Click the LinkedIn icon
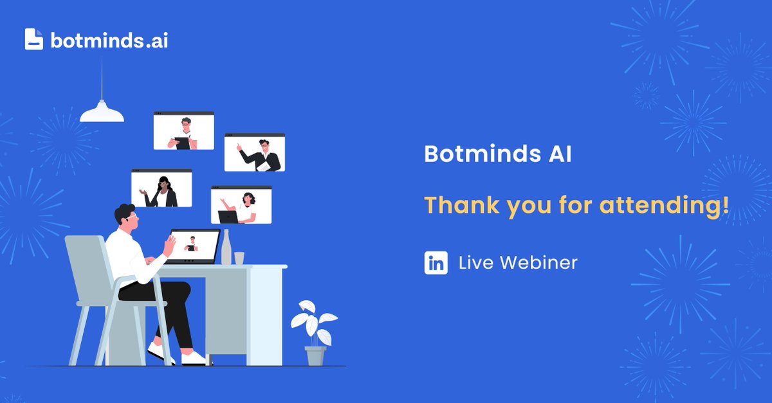436,263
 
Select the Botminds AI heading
497,156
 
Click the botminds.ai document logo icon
34,39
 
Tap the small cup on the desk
239,257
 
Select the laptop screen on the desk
192,246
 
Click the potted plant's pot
315,355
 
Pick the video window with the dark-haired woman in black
161,188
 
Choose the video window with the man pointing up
254,153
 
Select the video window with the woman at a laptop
241,205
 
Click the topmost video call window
183,131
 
